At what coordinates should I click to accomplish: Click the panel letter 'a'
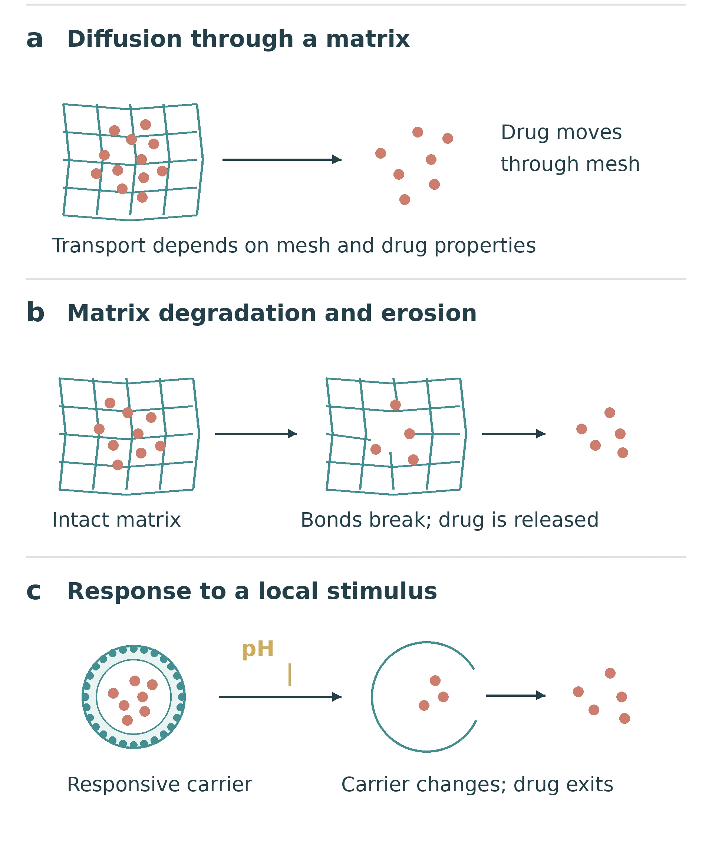pyautogui.click(x=35, y=40)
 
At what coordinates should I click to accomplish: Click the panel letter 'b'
pyautogui.click(x=36, y=313)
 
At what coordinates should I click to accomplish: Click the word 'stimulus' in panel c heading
pyautogui.click(x=382, y=591)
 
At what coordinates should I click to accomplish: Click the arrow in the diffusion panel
pyautogui.click(x=282, y=160)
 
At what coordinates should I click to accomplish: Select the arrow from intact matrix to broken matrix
pyautogui.click(x=256, y=434)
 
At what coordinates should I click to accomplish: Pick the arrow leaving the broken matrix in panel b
pyautogui.click(x=513, y=434)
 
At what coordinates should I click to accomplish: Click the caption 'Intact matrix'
pyautogui.click(x=116, y=520)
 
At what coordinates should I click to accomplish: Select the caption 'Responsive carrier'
pyautogui.click(x=159, y=785)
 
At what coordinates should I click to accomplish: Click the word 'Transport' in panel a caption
pyautogui.click(x=99, y=246)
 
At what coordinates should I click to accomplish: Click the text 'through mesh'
pyautogui.click(x=570, y=164)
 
